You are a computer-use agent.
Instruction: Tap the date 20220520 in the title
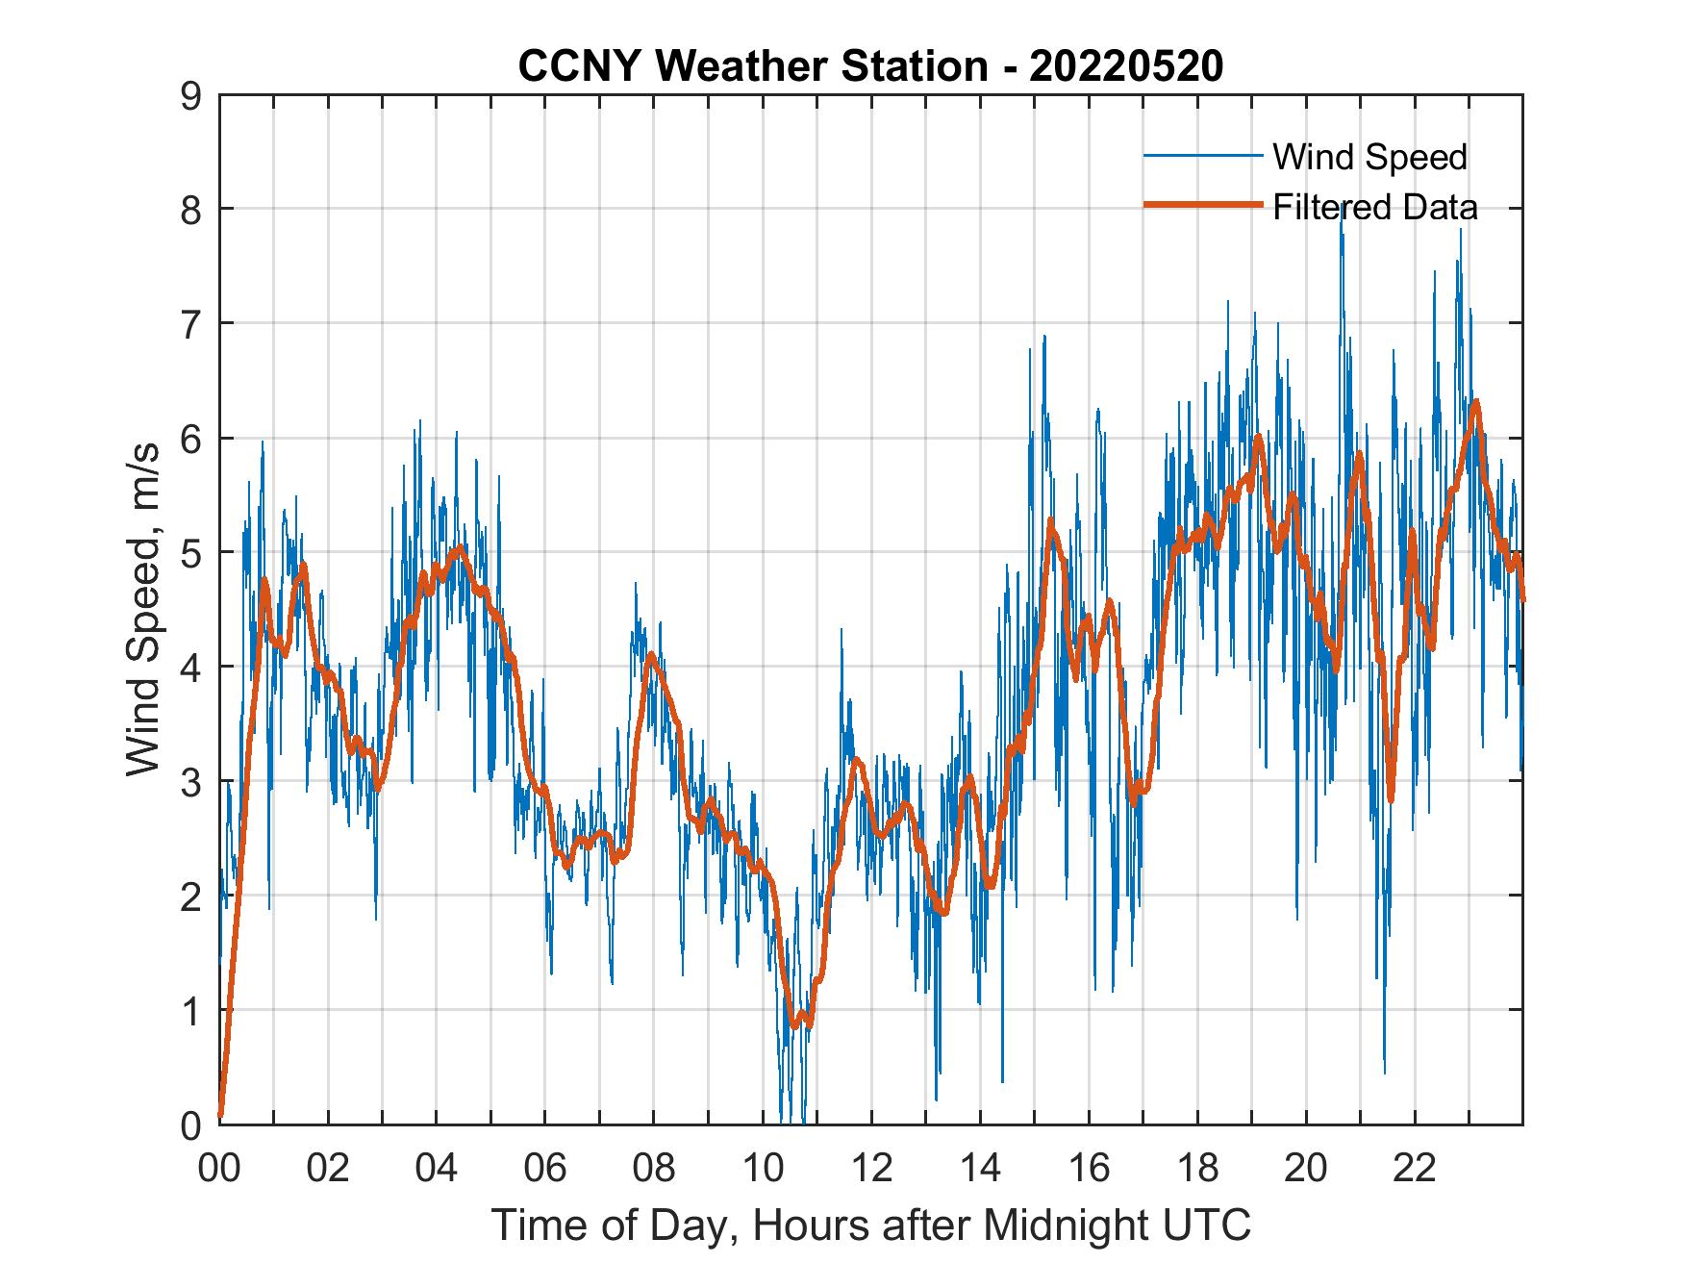click(1126, 66)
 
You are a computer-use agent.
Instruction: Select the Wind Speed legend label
click(1369, 157)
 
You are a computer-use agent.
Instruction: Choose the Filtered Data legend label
click(1374, 207)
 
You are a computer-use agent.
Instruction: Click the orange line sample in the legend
click(1202, 206)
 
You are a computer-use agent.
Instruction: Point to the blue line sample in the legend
click(1202, 156)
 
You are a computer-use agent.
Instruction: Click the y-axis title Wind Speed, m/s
click(143, 610)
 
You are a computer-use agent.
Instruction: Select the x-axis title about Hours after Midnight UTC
click(871, 1225)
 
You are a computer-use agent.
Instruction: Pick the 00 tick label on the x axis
click(219, 1169)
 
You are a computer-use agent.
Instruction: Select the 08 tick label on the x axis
click(654, 1169)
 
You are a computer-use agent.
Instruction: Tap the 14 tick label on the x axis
click(980, 1169)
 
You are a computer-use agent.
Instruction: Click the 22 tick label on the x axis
click(1415, 1169)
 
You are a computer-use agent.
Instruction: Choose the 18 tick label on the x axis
click(1197, 1169)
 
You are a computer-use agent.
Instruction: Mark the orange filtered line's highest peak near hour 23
click(1475, 401)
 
